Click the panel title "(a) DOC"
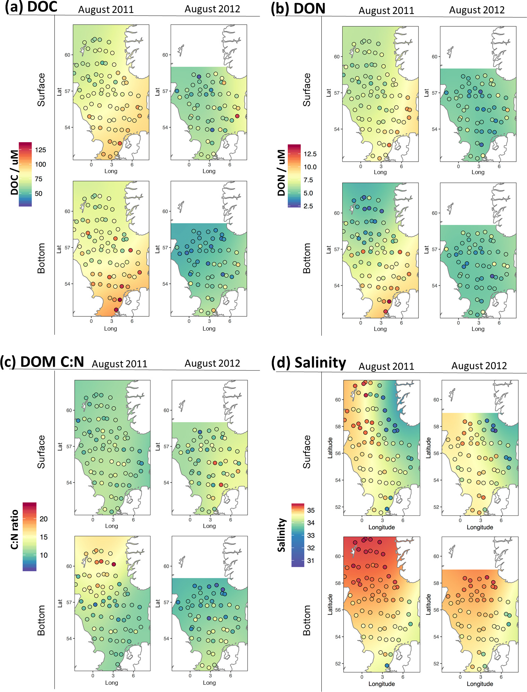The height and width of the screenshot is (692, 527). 31,7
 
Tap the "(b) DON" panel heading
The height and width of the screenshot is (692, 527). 298,8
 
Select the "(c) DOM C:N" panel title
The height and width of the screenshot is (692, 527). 42,362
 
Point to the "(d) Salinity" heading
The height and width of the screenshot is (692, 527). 309,363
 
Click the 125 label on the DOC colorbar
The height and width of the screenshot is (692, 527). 40,150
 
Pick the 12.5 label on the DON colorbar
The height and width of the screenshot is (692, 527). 310,154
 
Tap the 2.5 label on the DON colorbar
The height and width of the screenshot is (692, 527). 308,206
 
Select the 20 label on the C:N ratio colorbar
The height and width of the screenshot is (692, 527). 44,519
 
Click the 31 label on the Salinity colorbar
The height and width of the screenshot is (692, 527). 311,561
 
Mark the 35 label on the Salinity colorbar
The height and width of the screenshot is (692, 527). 311,510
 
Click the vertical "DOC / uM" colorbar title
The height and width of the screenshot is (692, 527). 14,172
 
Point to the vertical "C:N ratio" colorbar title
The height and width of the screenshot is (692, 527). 15,530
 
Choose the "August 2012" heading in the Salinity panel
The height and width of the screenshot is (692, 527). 479,366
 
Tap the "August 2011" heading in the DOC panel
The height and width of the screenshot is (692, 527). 106,9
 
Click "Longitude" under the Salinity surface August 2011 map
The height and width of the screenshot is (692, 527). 381,527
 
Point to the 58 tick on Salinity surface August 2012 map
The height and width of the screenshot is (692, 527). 436,426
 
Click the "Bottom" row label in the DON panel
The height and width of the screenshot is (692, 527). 307,258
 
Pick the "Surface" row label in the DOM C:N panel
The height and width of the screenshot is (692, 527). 41,452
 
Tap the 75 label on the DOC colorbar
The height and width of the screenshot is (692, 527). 38,179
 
